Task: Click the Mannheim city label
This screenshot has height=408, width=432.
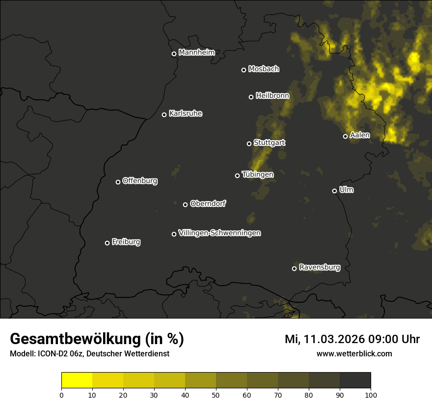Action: click(x=197, y=53)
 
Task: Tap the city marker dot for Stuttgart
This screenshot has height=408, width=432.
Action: click(x=249, y=144)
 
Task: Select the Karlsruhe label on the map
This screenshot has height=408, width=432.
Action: click(x=186, y=114)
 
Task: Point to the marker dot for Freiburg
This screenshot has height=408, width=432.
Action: click(x=107, y=243)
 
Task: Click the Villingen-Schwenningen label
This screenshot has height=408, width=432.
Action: click(x=220, y=233)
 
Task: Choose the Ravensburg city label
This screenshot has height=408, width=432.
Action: click(x=320, y=267)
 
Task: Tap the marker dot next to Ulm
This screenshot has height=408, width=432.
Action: click(x=334, y=191)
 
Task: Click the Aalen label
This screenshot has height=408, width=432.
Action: click(x=360, y=135)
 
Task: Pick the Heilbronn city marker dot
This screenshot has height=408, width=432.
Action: click(x=251, y=97)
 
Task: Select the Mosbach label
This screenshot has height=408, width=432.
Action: click(x=264, y=69)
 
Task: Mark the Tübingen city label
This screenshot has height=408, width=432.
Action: click(x=258, y=175)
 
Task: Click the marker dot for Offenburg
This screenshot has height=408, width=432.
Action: click(x=118, y=182)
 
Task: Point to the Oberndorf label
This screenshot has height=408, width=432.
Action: click(x=208, y=204)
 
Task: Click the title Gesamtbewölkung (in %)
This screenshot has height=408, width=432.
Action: click(x=97, y=339)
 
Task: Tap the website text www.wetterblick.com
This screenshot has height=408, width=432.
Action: click(x=354, y=354)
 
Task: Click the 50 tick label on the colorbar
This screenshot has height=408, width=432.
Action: click(x=216, y=395)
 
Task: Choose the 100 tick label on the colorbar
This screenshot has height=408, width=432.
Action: click(x=371, y=395)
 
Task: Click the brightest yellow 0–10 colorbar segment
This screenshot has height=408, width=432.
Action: click(x=77, y=380)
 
